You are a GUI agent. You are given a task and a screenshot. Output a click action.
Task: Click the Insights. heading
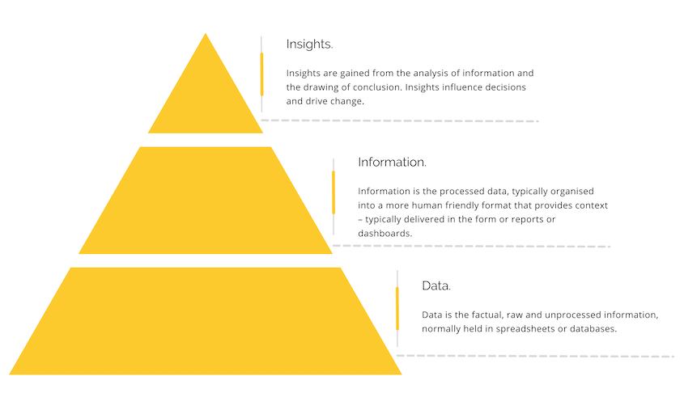pos(309,44)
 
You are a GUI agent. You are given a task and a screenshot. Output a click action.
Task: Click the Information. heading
pos(392,162)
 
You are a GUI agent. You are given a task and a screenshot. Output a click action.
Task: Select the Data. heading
pos(436,286)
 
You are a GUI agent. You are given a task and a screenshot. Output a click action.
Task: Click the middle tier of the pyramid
pos(206,201)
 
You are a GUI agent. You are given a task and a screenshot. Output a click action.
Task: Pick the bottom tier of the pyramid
pos(206,321)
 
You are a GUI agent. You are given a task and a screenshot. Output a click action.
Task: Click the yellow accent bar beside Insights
pos(261,74)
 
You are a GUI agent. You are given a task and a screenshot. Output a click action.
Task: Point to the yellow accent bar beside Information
pos(334,192)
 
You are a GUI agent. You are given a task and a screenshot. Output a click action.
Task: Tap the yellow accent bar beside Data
pos(397,309)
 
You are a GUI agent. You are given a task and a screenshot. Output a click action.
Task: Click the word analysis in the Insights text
pos(427,74)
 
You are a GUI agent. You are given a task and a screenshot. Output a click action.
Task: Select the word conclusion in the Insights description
pos(377,87)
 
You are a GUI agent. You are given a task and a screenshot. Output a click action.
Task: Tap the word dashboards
pos(384,234)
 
